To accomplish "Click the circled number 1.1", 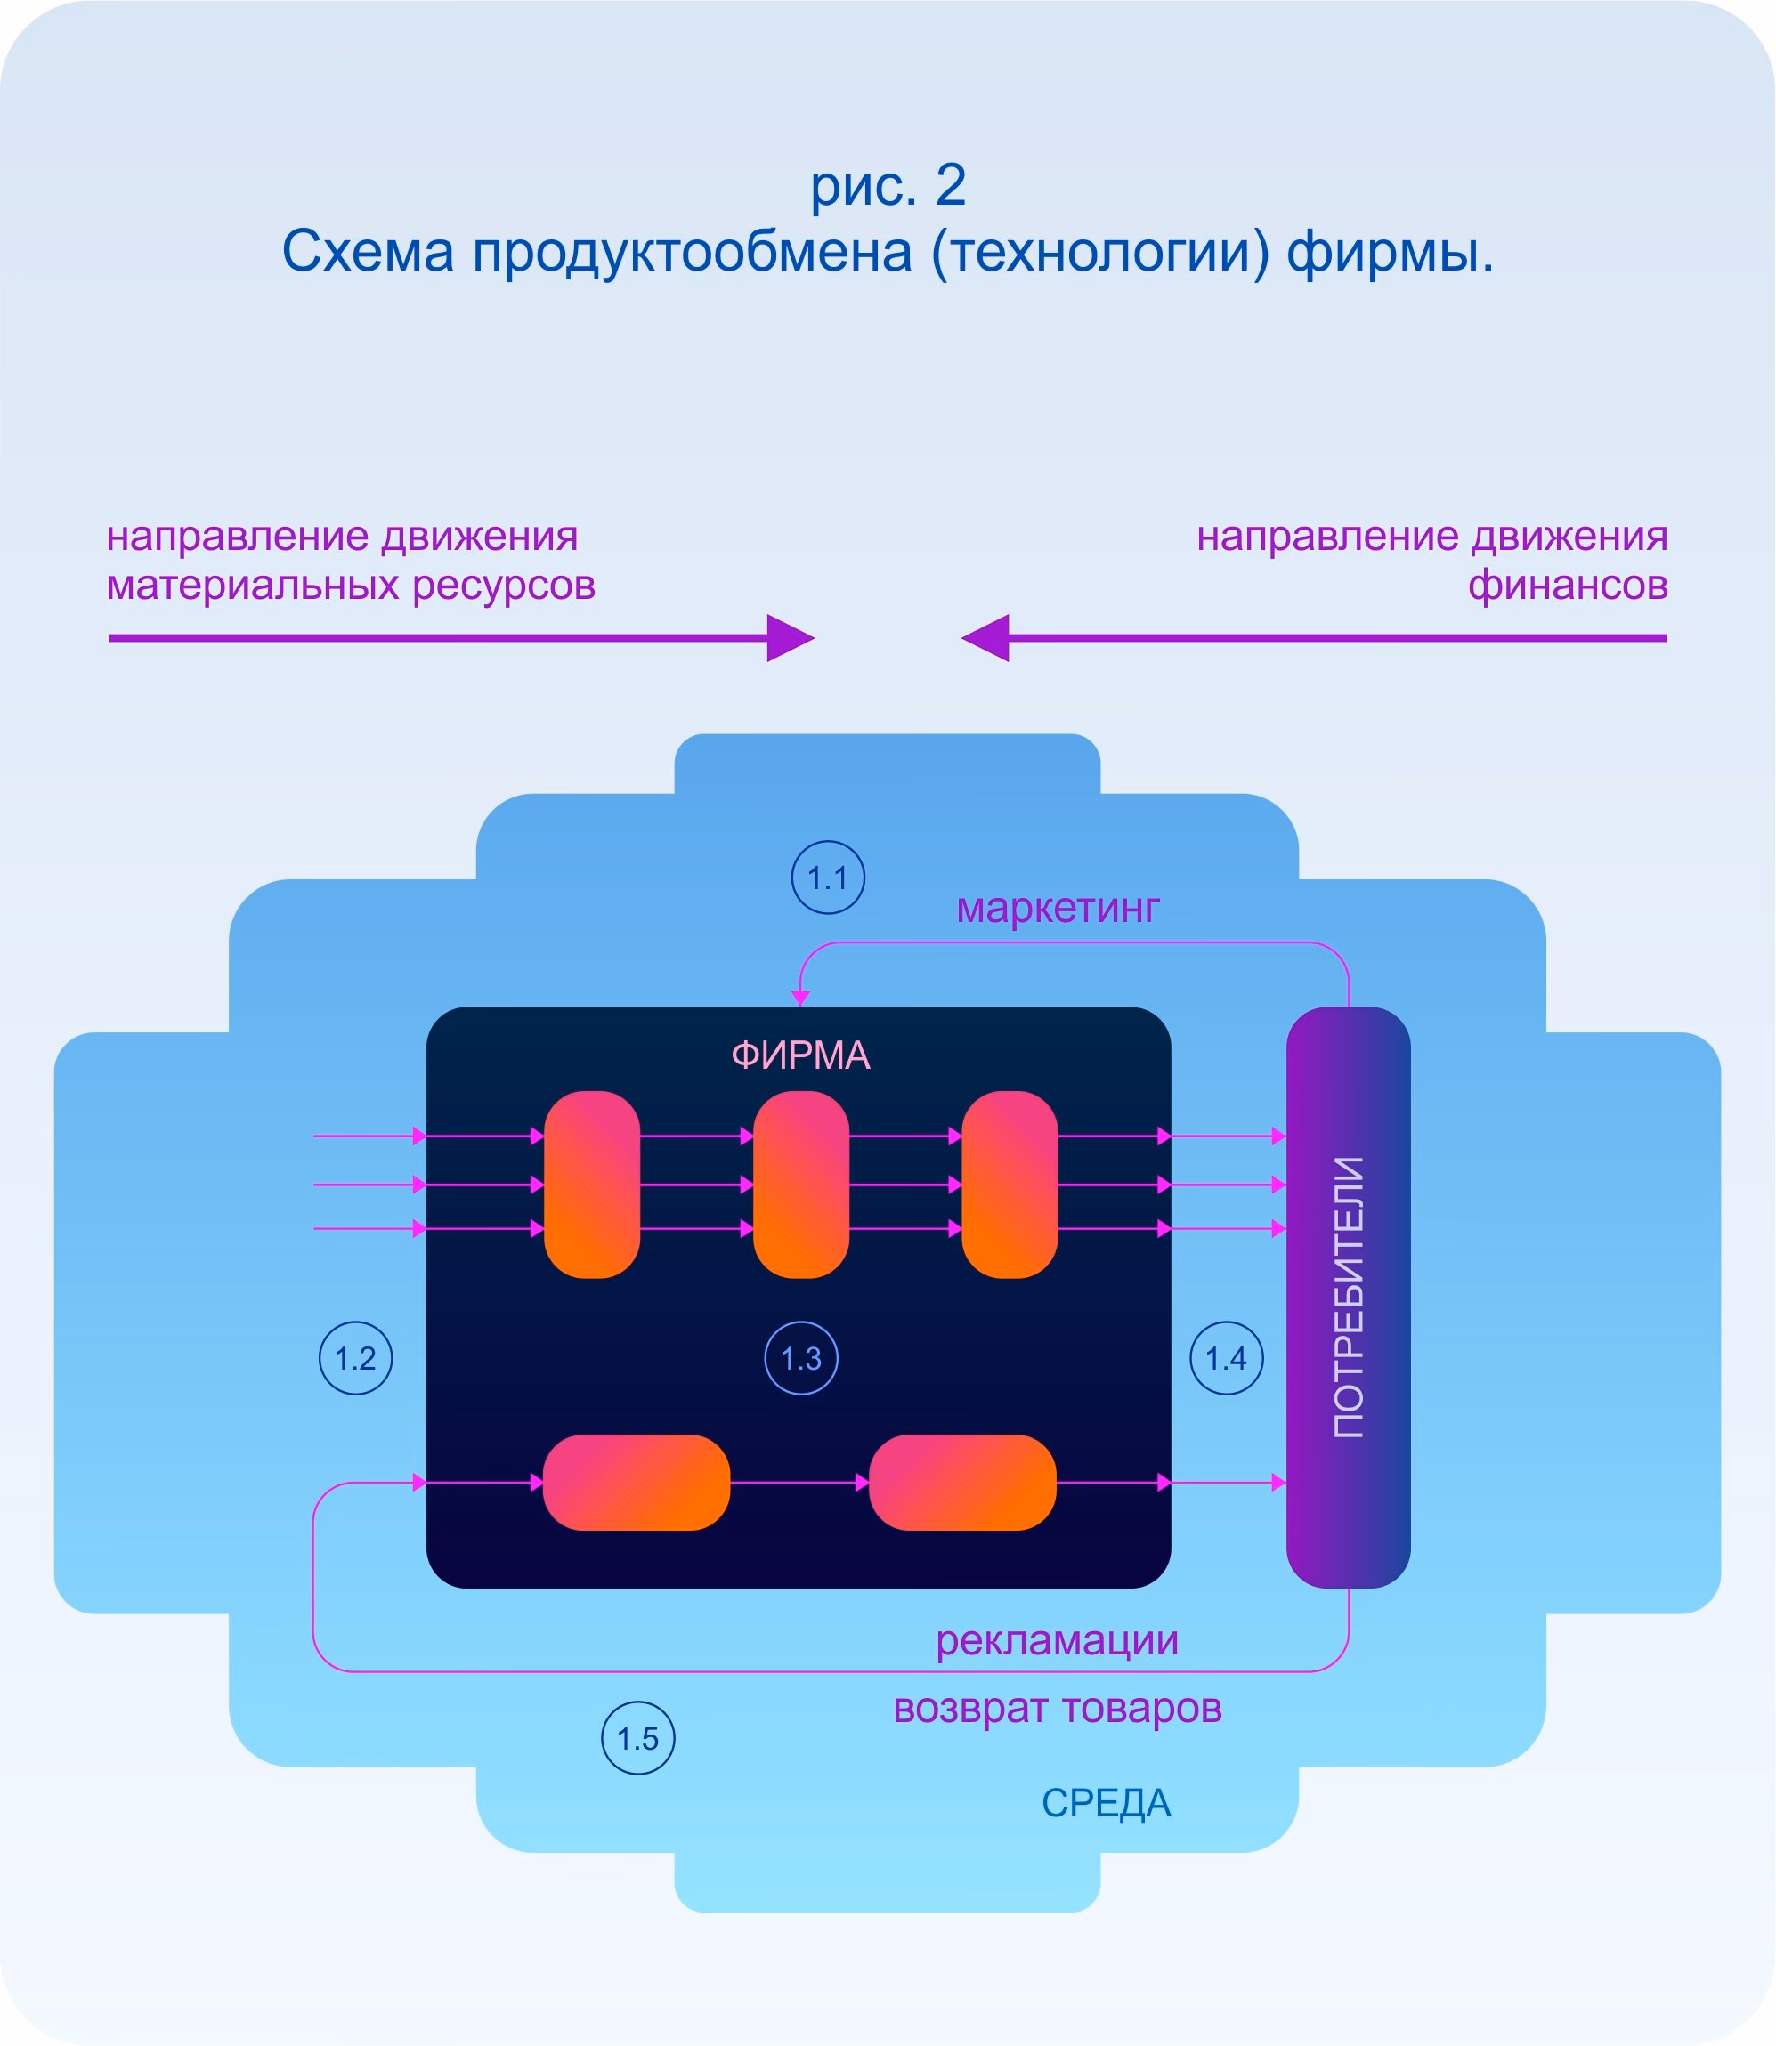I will click(828, 877).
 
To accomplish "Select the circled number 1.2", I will click(356, 1358).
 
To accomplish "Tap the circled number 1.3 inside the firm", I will click(801, 1358).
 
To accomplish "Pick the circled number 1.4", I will click(1226, 1358).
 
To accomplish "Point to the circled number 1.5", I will click(638, 1738).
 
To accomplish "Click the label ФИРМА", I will click(801, 1055).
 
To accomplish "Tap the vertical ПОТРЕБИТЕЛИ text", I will click(1349, 1297).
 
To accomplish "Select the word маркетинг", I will click(1058, 908).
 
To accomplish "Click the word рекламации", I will click(1057, 1640).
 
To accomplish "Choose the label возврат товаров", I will click(1057, 1707).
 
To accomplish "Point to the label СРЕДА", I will click(1106, 1803).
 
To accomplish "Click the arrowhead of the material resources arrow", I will click(790, 638).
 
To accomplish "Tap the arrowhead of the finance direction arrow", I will click(986, 638).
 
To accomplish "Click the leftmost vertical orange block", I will click(592, 1184).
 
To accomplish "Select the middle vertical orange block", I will click(801, 1184).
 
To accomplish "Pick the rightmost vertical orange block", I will click(1010, 1184).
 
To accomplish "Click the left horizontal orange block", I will click(637, 1483).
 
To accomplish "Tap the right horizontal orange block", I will click(962, 1483).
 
